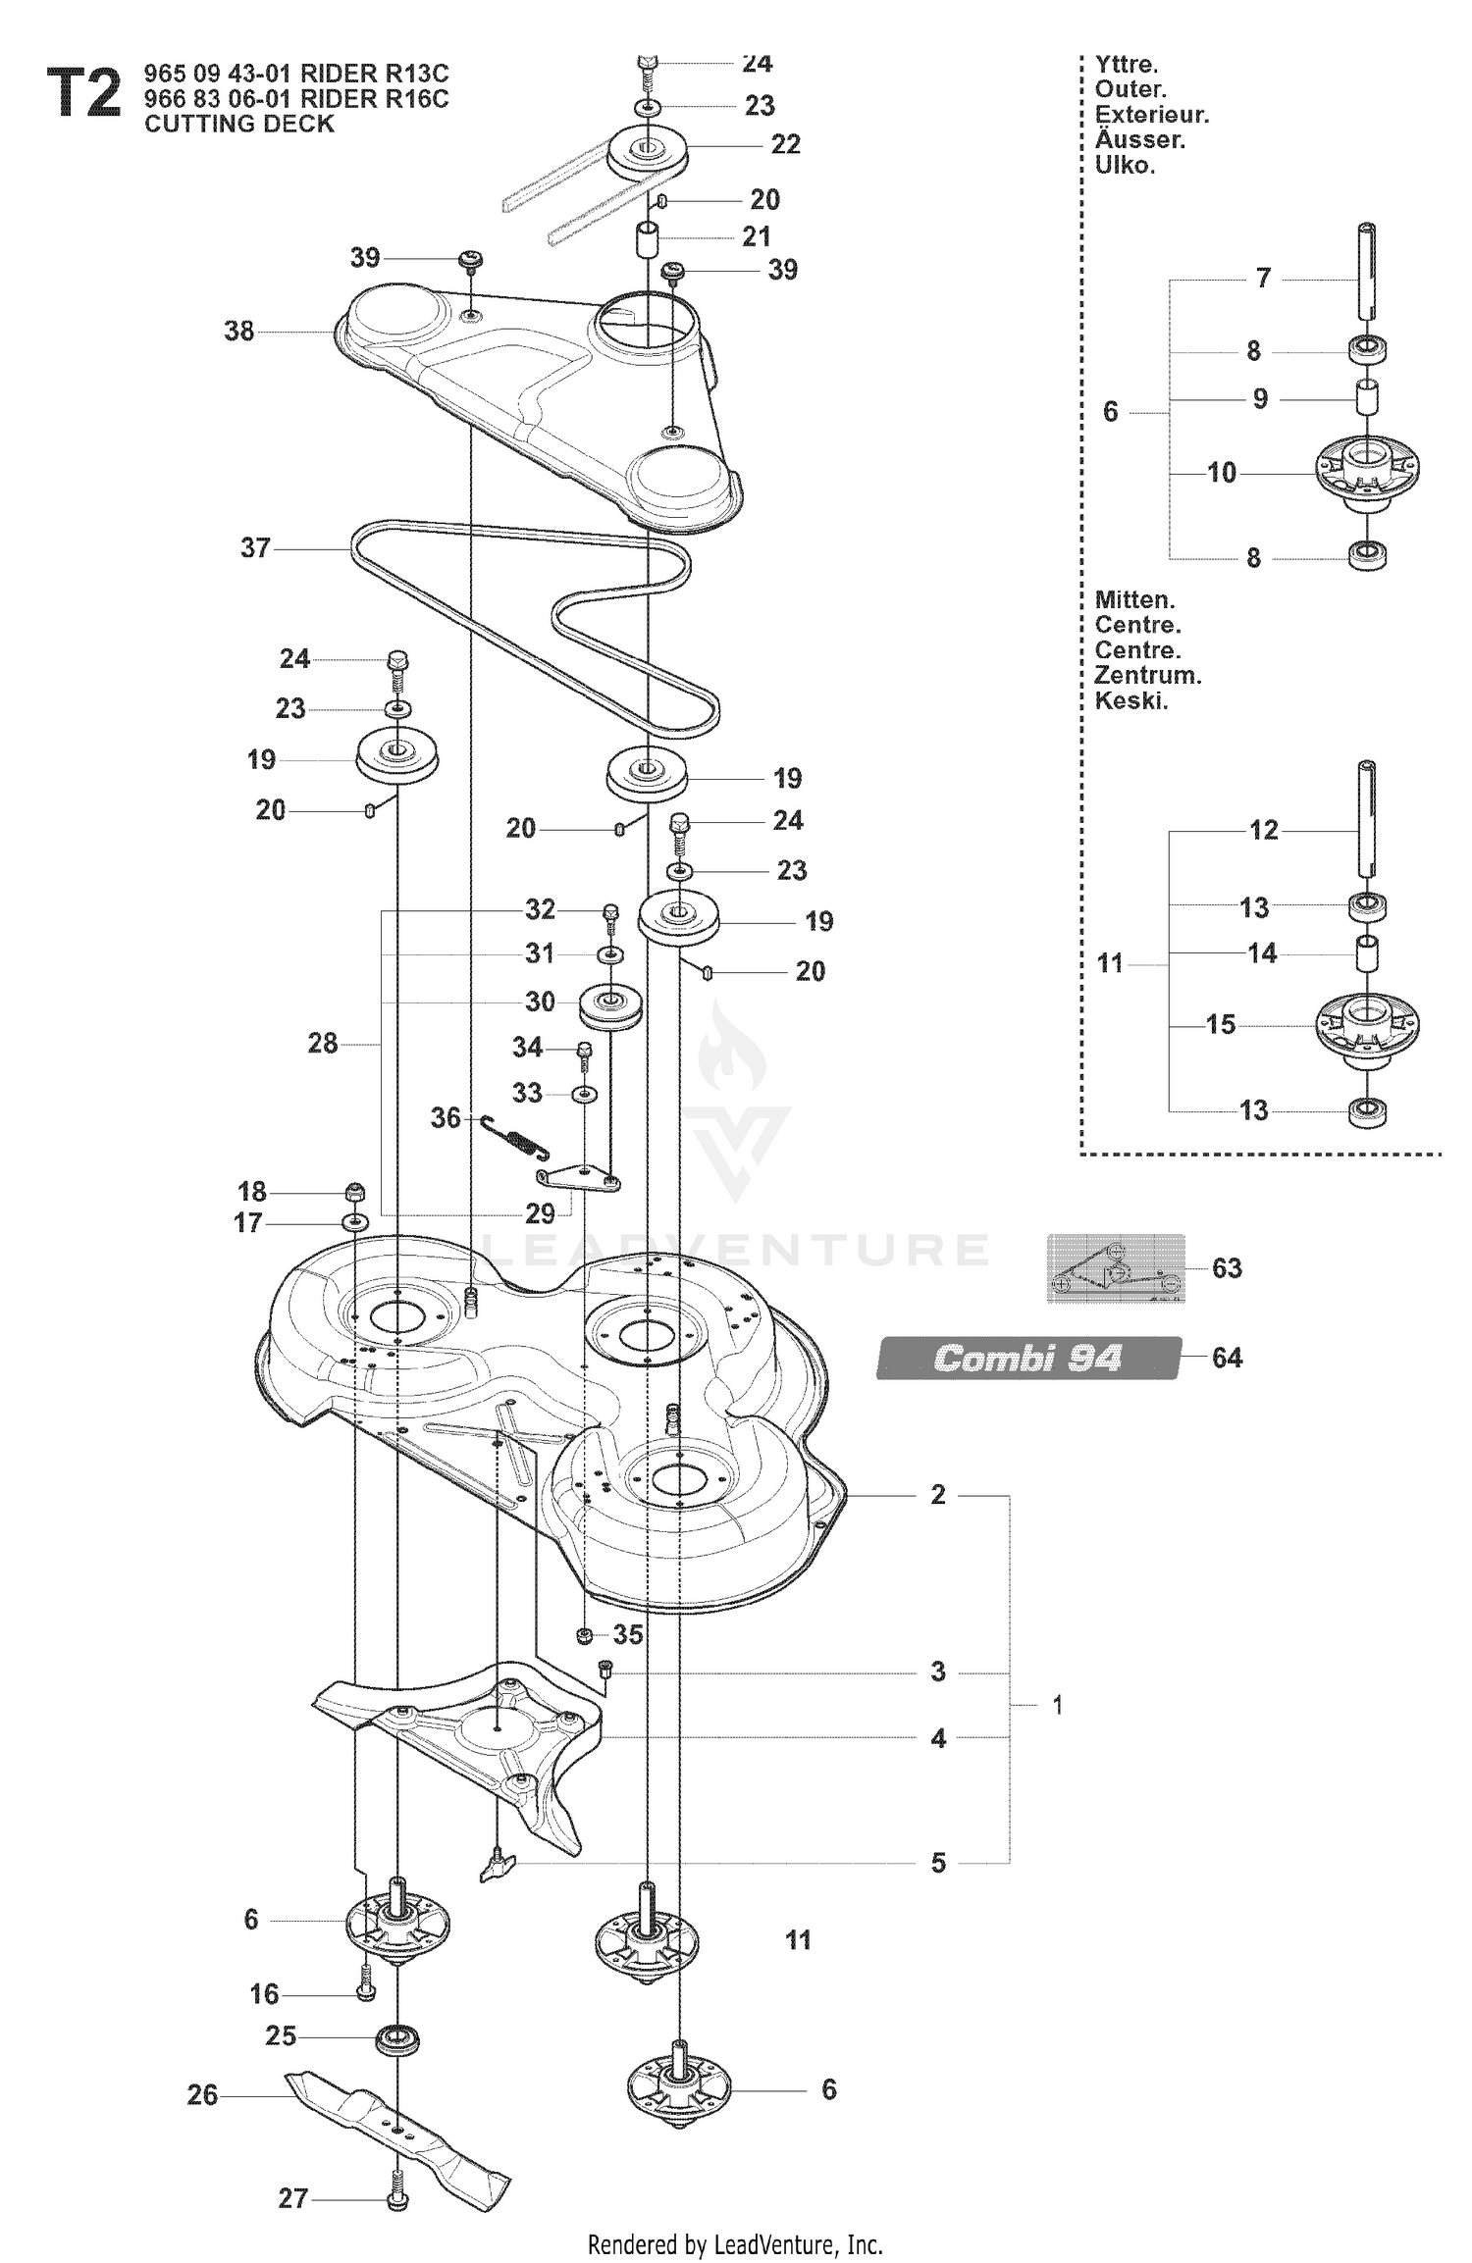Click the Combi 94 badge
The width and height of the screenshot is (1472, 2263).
tap(1028, 1358)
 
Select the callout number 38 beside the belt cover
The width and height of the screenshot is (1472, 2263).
tap(239, 331)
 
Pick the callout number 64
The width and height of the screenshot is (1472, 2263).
tap(1227, 1358)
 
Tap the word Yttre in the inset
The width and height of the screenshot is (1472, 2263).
tap(1127, 65)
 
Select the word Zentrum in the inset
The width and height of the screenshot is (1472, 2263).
tap(1148, 675)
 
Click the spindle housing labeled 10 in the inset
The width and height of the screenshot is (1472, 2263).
tap(1368, 475)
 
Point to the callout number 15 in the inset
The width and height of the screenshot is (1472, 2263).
tap(1221, 1024)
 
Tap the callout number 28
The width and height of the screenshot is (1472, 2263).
tap(323, 1043)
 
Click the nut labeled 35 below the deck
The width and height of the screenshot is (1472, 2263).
tap(583, 1634)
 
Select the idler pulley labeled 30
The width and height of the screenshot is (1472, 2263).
tap(609, 1007)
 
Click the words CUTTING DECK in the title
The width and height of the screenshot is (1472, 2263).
tap(239, 124)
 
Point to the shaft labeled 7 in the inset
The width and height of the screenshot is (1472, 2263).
tap(1367, 271)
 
